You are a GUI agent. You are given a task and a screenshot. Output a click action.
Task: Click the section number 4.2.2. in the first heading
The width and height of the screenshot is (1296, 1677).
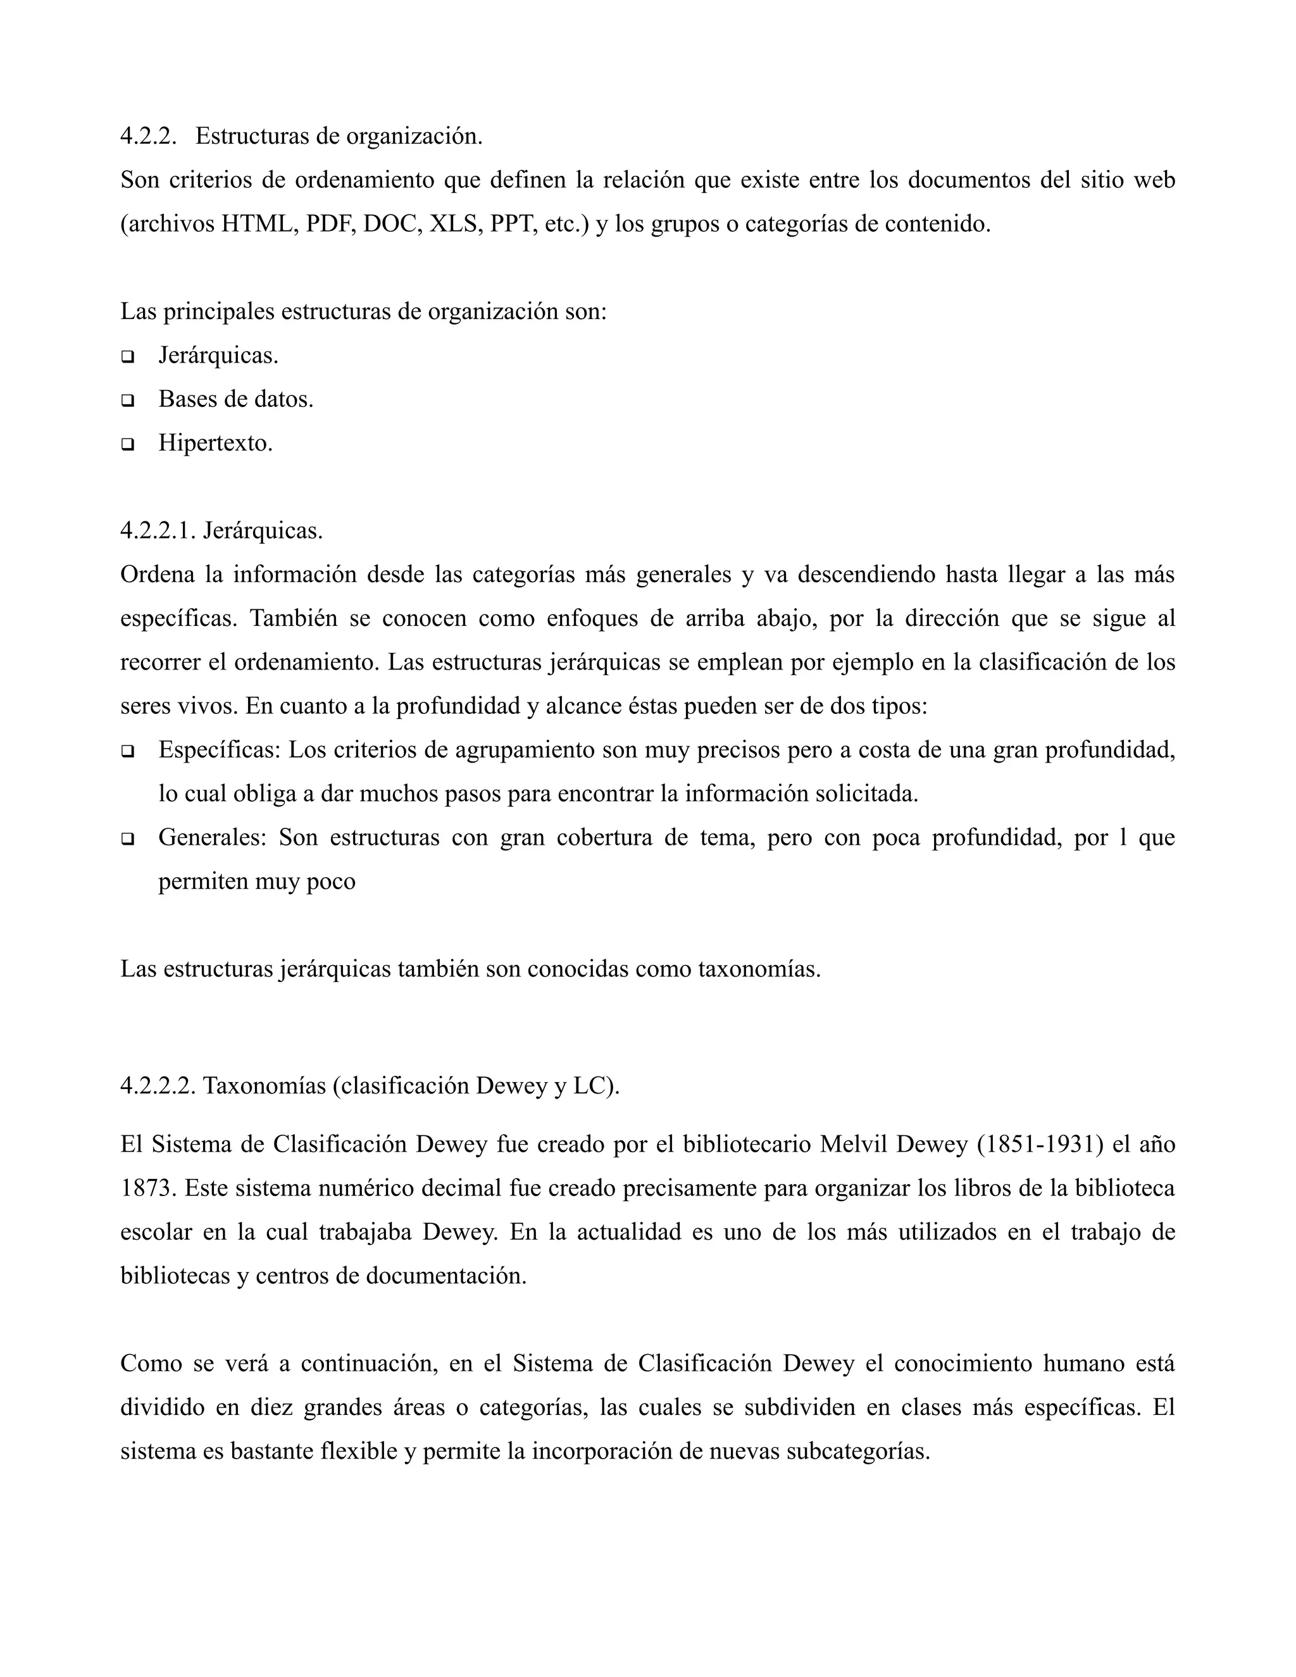click(148, 137)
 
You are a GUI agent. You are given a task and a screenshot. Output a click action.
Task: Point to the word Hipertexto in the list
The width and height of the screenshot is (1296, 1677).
click(215, 443)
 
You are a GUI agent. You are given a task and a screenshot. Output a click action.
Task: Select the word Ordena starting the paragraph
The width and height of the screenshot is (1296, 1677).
click(158, 575)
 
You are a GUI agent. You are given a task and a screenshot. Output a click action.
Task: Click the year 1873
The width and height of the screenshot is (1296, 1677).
click(148, 1188)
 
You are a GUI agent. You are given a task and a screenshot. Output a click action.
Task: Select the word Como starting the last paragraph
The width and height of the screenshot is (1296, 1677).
click(151, 1364)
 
